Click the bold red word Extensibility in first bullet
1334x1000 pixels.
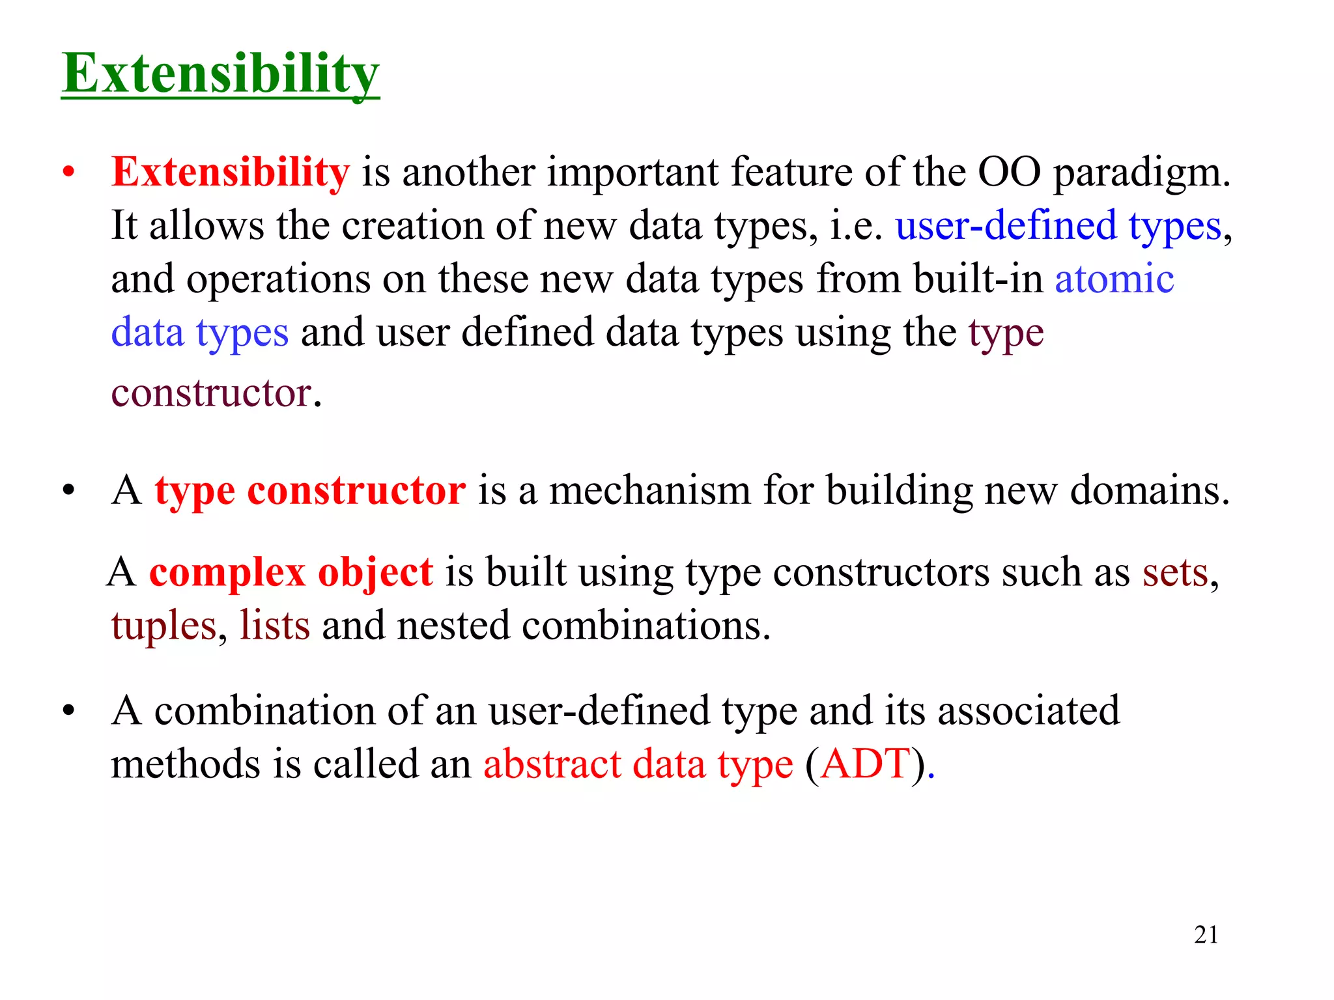point(231,173)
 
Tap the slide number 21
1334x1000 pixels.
point(1206,935)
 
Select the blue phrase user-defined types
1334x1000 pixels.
point(1058,226)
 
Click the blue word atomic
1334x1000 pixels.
point(1114,279)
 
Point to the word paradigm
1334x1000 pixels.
point(1141,173)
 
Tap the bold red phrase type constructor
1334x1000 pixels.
point(310,490)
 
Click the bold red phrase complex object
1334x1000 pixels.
point(291,573)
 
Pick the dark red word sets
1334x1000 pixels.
point(1175,573)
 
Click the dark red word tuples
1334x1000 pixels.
point(163,626)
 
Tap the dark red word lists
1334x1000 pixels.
point(274,626)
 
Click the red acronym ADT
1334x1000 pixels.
point(865,764)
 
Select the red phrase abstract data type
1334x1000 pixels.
point(638,764)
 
